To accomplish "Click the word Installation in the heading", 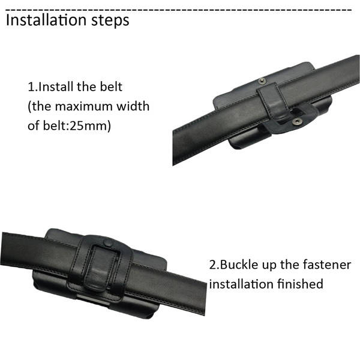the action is pos(47,20).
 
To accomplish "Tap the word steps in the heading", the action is pos(110,21).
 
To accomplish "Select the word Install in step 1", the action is pos(56,86).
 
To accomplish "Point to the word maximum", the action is pos(84,106).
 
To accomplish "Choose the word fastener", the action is pos(327,265).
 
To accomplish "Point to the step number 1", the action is pos(31,87).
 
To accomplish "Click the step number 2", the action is pos(212,265).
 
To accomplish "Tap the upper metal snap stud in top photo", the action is pos(262,80).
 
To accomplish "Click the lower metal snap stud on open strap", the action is pos(298,122).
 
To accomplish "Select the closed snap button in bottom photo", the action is pos(107,243).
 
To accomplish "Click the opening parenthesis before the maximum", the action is pos(29,107).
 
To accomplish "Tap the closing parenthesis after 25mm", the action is pos(109,126).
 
